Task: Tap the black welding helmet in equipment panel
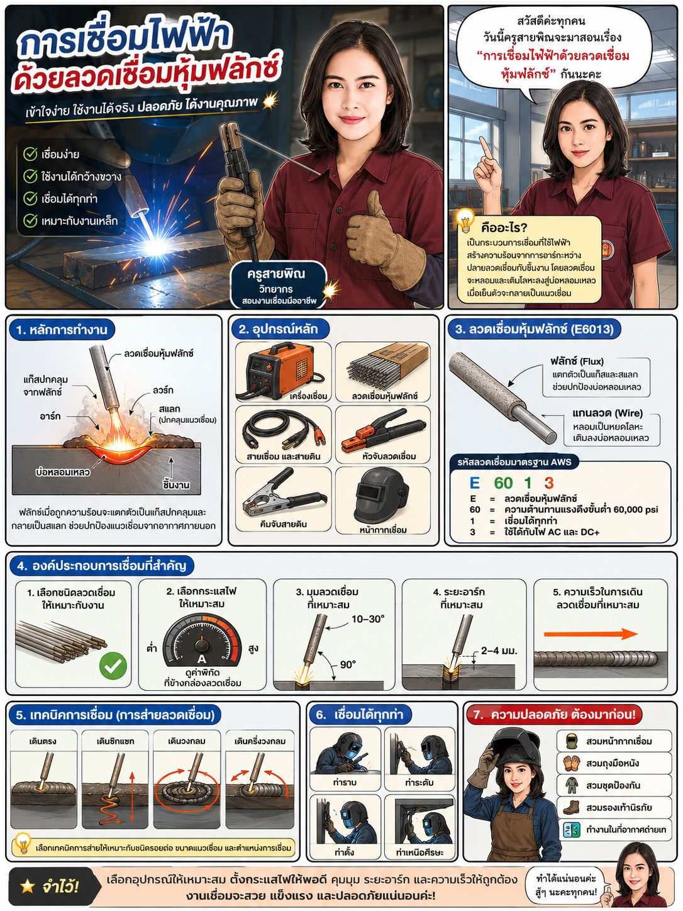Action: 382,496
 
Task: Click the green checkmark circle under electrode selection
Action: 113,665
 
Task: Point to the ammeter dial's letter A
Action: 201,659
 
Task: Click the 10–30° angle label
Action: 368,619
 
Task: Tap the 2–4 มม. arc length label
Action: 499,651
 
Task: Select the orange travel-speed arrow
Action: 591,634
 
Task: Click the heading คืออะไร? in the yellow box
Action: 503,228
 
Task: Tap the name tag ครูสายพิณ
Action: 275,274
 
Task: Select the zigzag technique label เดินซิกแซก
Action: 115,741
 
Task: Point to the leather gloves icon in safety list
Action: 572,763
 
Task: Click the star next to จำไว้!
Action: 28,886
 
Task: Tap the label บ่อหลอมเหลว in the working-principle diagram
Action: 62,472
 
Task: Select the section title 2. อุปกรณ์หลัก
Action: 278,329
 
